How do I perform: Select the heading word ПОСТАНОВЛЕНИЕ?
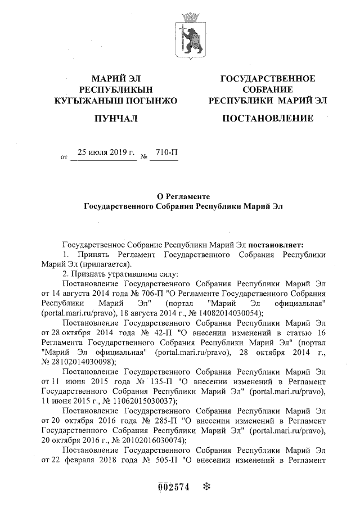267,119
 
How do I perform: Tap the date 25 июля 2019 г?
103,152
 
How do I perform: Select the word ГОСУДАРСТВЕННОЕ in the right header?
268,78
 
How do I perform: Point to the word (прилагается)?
105,264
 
